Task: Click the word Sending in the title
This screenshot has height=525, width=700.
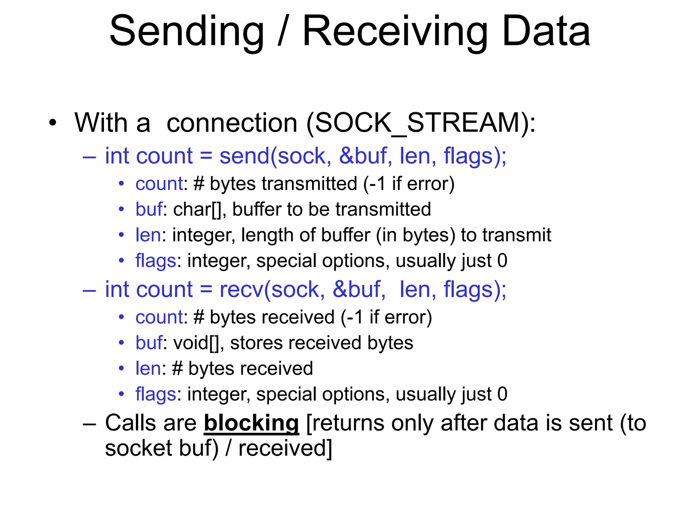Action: (187, 31)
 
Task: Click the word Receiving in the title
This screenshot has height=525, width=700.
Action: (395, 31)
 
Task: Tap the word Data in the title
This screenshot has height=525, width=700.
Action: (546, 31)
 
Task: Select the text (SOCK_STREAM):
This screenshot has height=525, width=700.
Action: (421, 123)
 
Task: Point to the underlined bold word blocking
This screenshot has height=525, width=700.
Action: (251, 423)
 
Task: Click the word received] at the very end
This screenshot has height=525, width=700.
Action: (285, 448)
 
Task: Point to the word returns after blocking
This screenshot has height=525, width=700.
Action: (350, 423)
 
